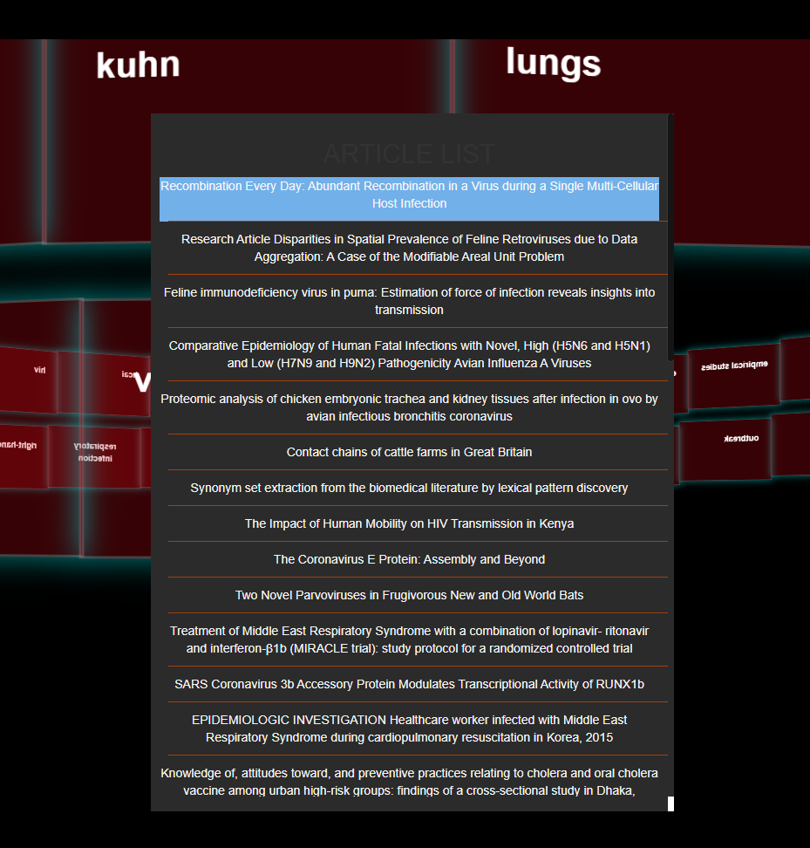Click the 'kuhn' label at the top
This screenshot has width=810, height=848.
(x=138, y=65)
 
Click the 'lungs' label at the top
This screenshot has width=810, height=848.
(x=553, y=63)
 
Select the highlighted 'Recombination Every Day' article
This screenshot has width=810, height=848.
(x=409, y=195)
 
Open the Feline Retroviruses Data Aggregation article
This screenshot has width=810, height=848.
(x=409, y=248)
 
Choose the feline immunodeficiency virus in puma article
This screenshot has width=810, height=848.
(x=409, y=301)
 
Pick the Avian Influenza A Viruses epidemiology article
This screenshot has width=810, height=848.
(x=409, y=354)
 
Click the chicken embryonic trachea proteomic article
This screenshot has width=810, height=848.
(x=409, y=407)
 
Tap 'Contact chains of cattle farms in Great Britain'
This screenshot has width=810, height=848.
(x=409, y=452)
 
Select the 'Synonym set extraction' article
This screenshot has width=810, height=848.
(x=409, y=488)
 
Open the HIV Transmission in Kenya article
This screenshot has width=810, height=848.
(x=409, y=523)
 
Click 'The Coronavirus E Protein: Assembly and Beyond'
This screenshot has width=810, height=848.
(x=409, y=559)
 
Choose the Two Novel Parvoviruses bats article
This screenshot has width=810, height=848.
(x=409, y=595)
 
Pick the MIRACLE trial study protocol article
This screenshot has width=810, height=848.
(x=409, y=639)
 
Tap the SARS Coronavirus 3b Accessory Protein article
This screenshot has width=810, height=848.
(x=409, y=684)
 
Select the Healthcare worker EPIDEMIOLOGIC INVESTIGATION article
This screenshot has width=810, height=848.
(x=409, y=728)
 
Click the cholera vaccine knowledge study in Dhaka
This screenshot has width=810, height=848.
(x=409, y=782)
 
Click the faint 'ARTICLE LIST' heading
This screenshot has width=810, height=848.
(x=409, y=154)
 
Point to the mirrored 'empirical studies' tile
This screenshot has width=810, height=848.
(x=734, y=366)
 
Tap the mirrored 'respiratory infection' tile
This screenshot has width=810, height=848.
(x=95, y=452)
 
